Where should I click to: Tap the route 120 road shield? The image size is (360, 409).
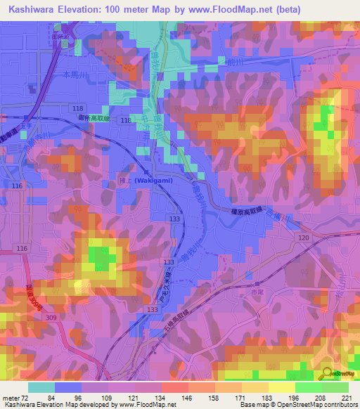pyautogui.click(x=304, y=239)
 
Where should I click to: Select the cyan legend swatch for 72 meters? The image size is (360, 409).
pyautogui.click(x=41, y=387)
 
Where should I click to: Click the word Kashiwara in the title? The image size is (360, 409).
pyautogui.click(x=33, y=10)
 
